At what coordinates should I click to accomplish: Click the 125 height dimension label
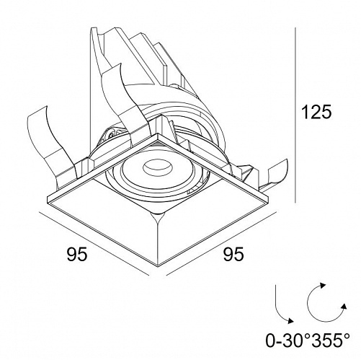point(316,112)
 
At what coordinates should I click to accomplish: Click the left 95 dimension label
point(77,254)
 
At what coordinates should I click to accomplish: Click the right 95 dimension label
point(233,254)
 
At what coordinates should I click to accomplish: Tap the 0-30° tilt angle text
point(287,341)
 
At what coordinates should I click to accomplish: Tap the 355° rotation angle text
point(329,341)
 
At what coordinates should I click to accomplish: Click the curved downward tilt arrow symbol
point(284,304)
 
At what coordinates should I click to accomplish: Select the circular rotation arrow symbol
point(327,302)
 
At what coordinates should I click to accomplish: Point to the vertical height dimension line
point(295,115)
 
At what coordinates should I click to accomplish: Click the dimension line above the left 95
point(94,244)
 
